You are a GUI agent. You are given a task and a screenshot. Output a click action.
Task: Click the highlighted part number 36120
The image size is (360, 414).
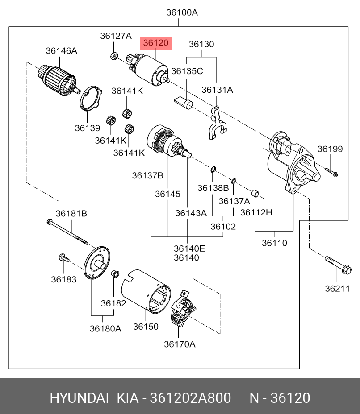155,43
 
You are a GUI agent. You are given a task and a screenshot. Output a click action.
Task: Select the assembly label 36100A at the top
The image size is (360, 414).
182,12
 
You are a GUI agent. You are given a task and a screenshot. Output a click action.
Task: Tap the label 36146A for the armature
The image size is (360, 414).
61,51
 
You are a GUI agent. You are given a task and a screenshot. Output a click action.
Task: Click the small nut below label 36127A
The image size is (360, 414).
114,56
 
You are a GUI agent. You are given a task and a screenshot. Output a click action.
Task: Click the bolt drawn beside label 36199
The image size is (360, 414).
331,171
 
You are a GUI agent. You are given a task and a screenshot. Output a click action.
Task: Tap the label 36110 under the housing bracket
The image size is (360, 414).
274,243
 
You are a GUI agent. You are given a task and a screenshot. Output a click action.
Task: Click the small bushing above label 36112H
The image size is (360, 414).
256,194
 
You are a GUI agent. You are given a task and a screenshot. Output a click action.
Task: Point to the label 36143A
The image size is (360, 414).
191,213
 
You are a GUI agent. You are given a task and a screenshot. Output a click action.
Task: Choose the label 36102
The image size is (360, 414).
223,226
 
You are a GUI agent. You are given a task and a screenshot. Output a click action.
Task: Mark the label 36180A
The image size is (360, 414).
105,329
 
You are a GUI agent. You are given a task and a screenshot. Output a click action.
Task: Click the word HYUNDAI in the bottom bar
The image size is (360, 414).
79,398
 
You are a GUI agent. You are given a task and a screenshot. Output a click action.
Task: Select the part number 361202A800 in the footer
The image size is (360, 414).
190,398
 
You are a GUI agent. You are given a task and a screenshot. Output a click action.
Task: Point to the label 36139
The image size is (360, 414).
87,128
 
